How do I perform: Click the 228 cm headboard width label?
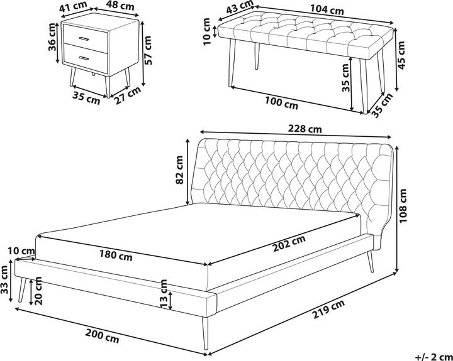coord(305,129)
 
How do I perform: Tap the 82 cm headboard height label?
coord(179,170)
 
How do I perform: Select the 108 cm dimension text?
coord(403,205)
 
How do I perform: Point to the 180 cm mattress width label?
coord(116,255)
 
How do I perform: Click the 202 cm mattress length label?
coord(289,244)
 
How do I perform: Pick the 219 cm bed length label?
coord(328,309)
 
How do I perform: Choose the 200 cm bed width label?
coord(102,337)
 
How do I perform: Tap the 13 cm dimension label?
coord(164,294)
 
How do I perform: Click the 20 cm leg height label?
coord(38,291)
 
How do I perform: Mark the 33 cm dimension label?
coord(4,280)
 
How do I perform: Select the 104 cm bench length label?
coord(327,10)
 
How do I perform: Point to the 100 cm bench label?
coord(281,103)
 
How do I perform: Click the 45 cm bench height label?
coord(401,55)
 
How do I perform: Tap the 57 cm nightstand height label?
coord(147,50)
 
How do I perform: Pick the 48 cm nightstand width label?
coord(120,6)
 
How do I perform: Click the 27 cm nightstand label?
coord(127,95)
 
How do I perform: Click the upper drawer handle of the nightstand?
coord(84,39)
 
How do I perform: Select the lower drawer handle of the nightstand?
coord(84,58)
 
